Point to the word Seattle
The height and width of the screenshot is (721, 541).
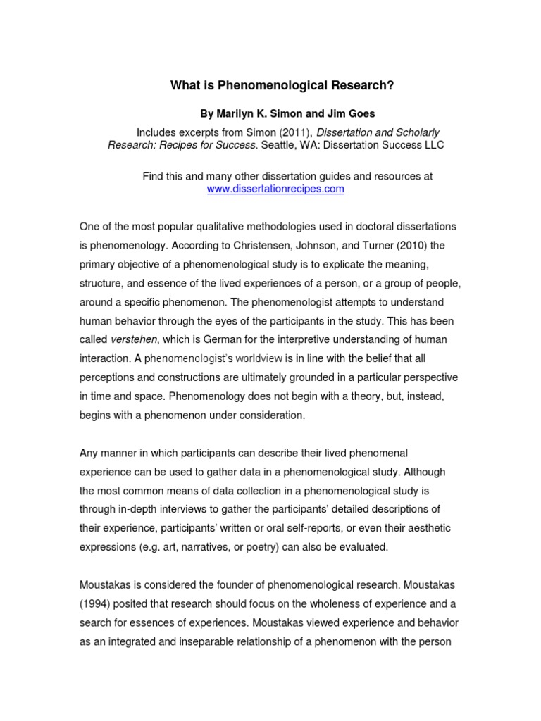[x=279, y=145]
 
